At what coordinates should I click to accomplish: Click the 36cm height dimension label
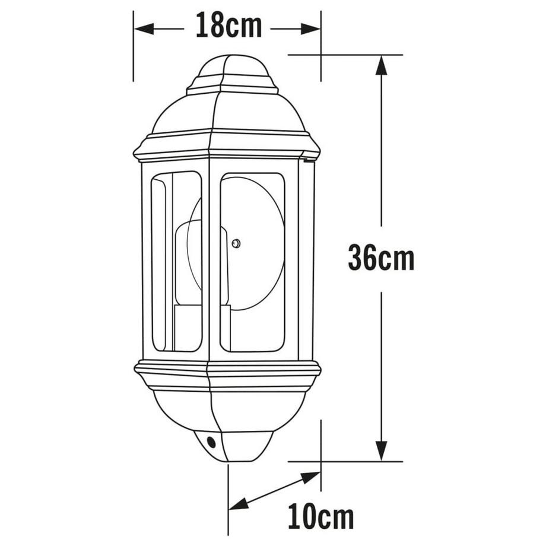pos(380,259)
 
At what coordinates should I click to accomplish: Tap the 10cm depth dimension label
pos(320,517)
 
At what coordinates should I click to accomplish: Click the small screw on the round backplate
pos(236,243)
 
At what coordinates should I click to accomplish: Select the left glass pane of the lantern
pos(177,261)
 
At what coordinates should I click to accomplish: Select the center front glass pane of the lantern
pos(252,261)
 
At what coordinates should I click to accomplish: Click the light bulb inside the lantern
pos(199,261)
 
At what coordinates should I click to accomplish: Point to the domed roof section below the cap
pos(228,113)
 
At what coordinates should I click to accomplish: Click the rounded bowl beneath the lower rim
pos(228,409)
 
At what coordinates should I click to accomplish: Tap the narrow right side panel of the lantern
pos(306,261)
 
